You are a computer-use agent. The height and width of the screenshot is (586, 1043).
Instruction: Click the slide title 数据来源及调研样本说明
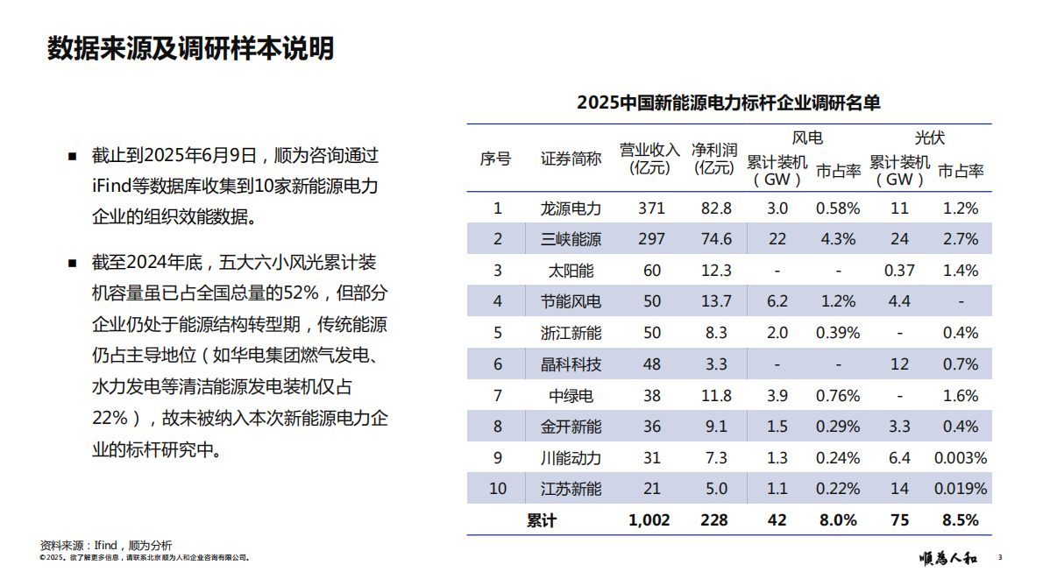tap(190, 48)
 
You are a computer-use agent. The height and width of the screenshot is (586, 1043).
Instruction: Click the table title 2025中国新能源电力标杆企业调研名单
tap(728, 102)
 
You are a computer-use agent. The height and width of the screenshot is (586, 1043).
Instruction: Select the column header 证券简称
tap(571, 159)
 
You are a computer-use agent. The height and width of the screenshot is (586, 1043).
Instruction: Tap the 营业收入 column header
tap(649, 159)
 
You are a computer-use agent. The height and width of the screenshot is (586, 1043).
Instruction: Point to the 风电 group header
tap(807, 138)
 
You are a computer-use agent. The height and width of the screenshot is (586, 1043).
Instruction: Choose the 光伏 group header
tap(930, 138)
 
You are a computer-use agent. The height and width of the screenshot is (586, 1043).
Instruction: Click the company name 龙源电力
tap(571, 208)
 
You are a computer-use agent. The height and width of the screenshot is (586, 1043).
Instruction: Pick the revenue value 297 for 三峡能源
tap(651, 239)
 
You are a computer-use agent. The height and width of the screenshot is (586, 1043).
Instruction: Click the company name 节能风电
tap(571, 302)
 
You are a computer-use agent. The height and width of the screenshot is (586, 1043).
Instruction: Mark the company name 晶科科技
tap(571, 364)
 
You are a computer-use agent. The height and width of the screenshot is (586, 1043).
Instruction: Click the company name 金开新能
tap(571, 427)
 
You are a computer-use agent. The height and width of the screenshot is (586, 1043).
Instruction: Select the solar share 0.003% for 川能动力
tap(960, 458)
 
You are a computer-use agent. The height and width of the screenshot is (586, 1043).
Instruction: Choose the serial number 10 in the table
tap(497, 489)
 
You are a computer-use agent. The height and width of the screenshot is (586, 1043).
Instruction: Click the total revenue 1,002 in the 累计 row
tap(649, 520)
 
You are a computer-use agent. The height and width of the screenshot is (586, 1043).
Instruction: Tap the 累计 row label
tap(542, 520)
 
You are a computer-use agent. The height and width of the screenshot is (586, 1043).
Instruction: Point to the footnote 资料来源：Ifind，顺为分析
tap(106, 545)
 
